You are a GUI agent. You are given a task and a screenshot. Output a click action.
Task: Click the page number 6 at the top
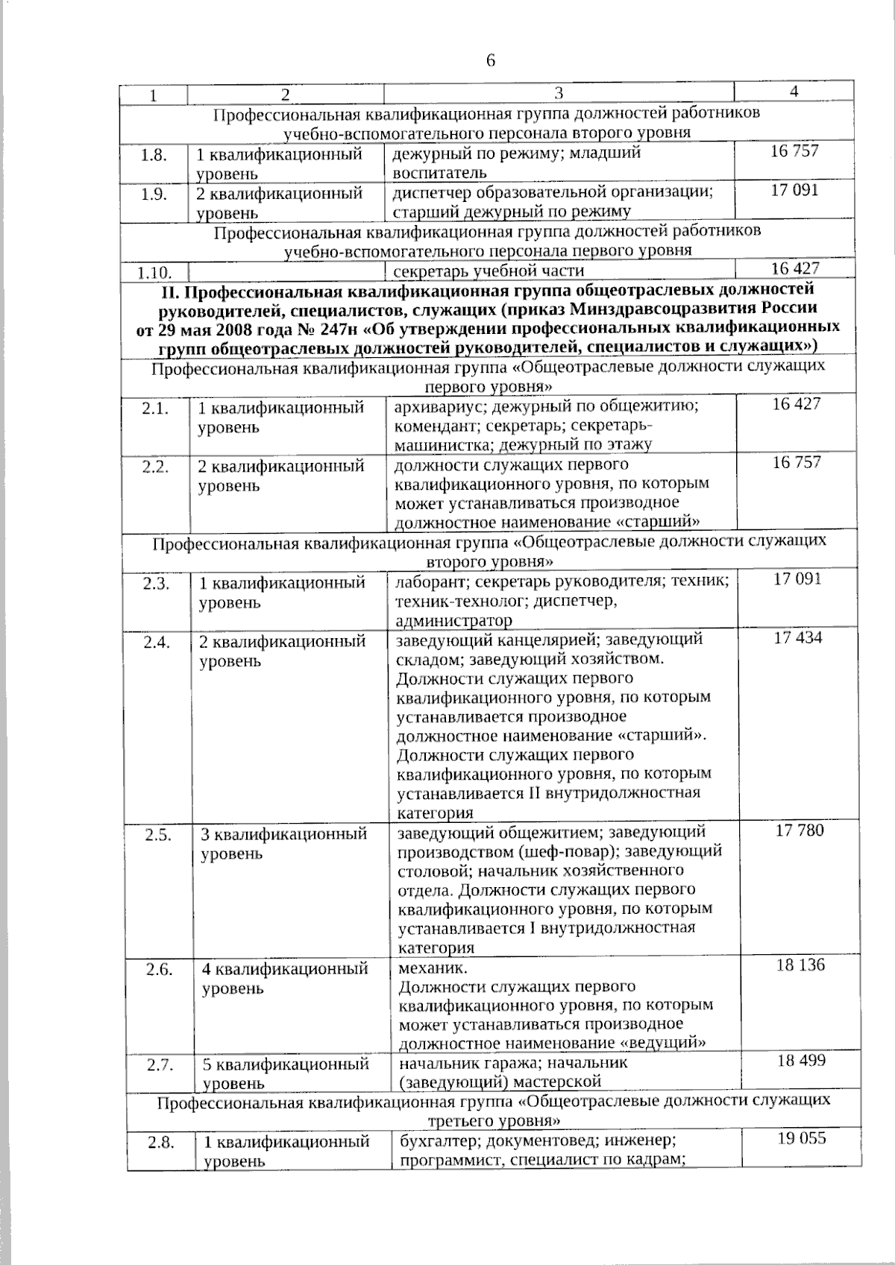coord(491,60)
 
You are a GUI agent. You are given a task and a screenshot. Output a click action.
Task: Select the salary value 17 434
coord(798,638)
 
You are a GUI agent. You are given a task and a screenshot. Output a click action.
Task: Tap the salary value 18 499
coord(801,1060)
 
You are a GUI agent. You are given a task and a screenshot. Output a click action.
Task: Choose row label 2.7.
coord(160,1064)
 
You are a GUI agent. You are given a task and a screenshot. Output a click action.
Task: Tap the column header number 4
coord(794,92)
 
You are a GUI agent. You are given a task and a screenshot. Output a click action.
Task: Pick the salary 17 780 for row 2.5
coord(800,830)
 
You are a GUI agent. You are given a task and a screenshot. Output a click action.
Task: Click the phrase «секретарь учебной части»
coord(489,271)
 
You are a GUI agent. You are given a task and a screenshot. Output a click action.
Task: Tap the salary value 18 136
coord(800,965)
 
